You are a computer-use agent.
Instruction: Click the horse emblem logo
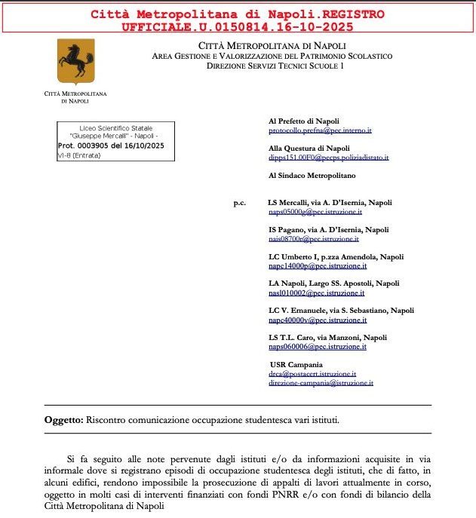(76, 62)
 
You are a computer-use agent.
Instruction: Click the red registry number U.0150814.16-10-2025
(237, 26)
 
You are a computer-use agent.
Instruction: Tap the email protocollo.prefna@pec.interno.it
(320, 130)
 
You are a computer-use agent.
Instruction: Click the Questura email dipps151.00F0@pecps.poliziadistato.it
(329, 158)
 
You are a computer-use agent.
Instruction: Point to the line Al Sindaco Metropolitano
(312, 175)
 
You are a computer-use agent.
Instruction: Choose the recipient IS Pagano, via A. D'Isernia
(329, 230)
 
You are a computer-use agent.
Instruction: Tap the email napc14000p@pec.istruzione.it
(318, 266)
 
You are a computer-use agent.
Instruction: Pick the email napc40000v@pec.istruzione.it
(318, 320)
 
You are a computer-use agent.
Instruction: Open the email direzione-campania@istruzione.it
(321, 383)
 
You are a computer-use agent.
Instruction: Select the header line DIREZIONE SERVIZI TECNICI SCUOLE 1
(275, 66)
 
